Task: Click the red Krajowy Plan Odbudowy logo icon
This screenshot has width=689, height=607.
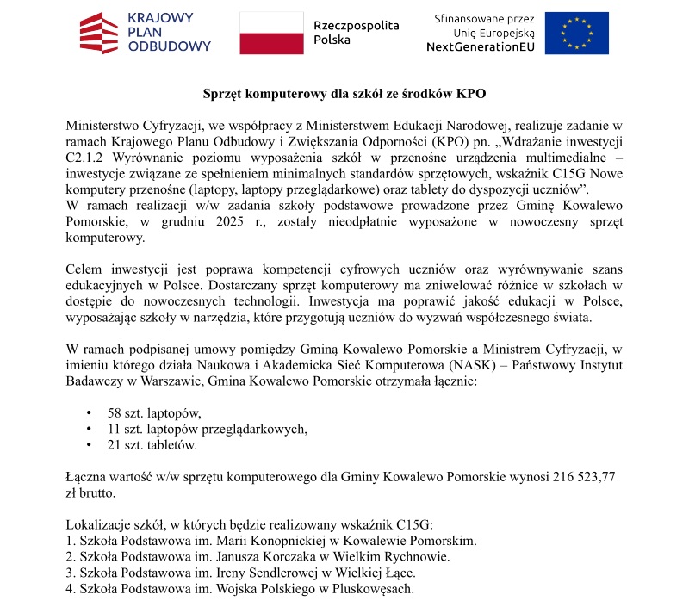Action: coord(98,33)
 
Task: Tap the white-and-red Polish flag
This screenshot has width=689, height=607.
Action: coord(270,33)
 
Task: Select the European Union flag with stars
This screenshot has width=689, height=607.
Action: coord(576,33)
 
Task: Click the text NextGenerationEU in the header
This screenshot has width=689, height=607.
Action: coord(480,47)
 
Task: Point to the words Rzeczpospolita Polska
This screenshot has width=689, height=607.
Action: coord(356,33)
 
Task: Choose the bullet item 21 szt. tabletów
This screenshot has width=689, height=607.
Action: coord(152,445)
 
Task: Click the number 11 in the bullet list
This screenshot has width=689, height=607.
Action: coord(114,429)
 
